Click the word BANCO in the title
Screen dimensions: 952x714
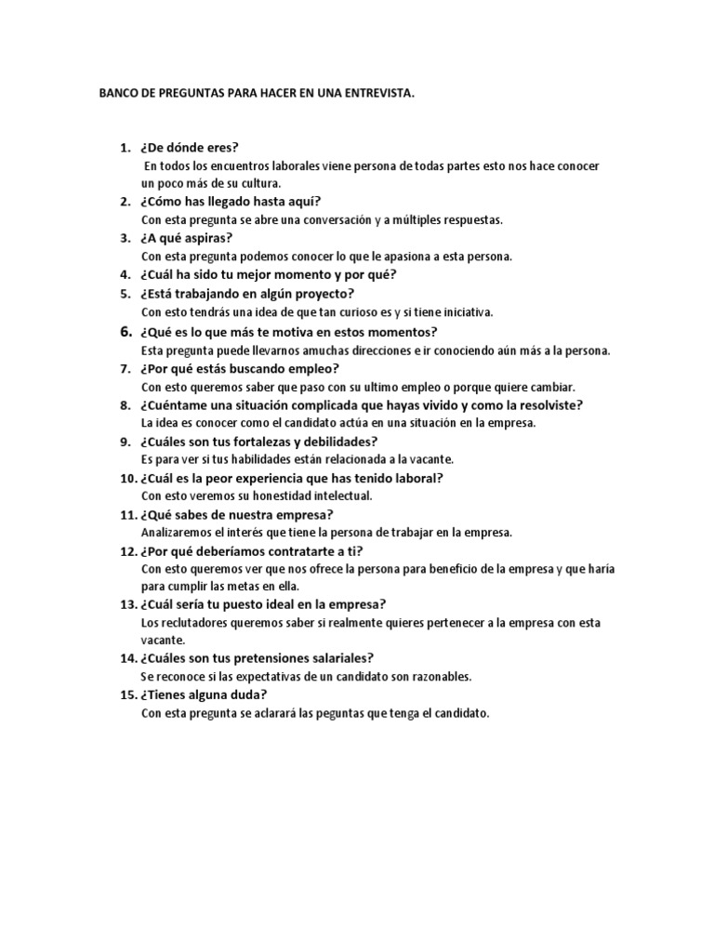[x=117, y=94]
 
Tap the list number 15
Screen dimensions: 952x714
[x=126, y=694]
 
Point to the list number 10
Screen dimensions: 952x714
[x=126, y=478]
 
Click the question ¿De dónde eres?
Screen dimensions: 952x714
[x=190, y=147]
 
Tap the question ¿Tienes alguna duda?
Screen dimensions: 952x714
[x=204, y=694]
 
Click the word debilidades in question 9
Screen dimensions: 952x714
[x=337, y=442]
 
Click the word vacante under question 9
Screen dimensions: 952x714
[x=433, y=459]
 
